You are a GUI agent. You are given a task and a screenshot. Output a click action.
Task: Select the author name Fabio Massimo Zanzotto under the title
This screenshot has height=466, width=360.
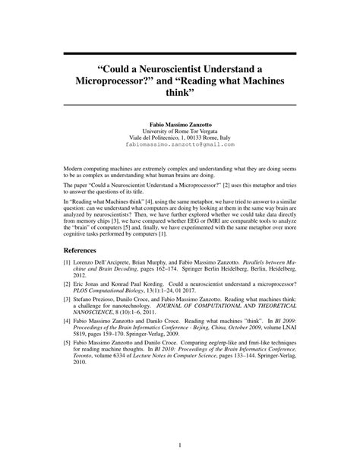tap(179, 122)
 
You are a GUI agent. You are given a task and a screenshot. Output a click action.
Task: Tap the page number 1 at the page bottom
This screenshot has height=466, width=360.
tap(180, 444)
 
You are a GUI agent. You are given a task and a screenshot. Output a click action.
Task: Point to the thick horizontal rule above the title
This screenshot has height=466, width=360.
tap(179, 55)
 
